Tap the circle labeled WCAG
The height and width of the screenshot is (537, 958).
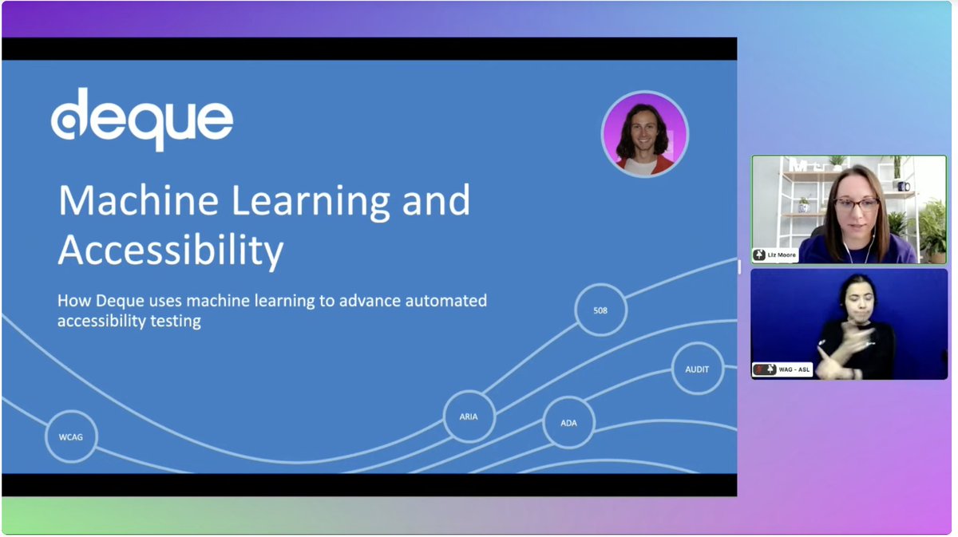[71, 436]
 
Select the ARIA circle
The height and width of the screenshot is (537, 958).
[469, 417]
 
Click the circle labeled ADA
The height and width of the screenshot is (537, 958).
[568, 422]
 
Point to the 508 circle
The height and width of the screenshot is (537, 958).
[600, 310]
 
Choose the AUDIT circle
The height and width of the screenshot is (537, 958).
[697, 369]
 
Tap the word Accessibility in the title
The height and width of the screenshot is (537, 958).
[170, 251]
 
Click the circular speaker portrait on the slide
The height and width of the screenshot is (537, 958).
[644, 133]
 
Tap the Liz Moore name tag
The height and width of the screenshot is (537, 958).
[775, 255]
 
